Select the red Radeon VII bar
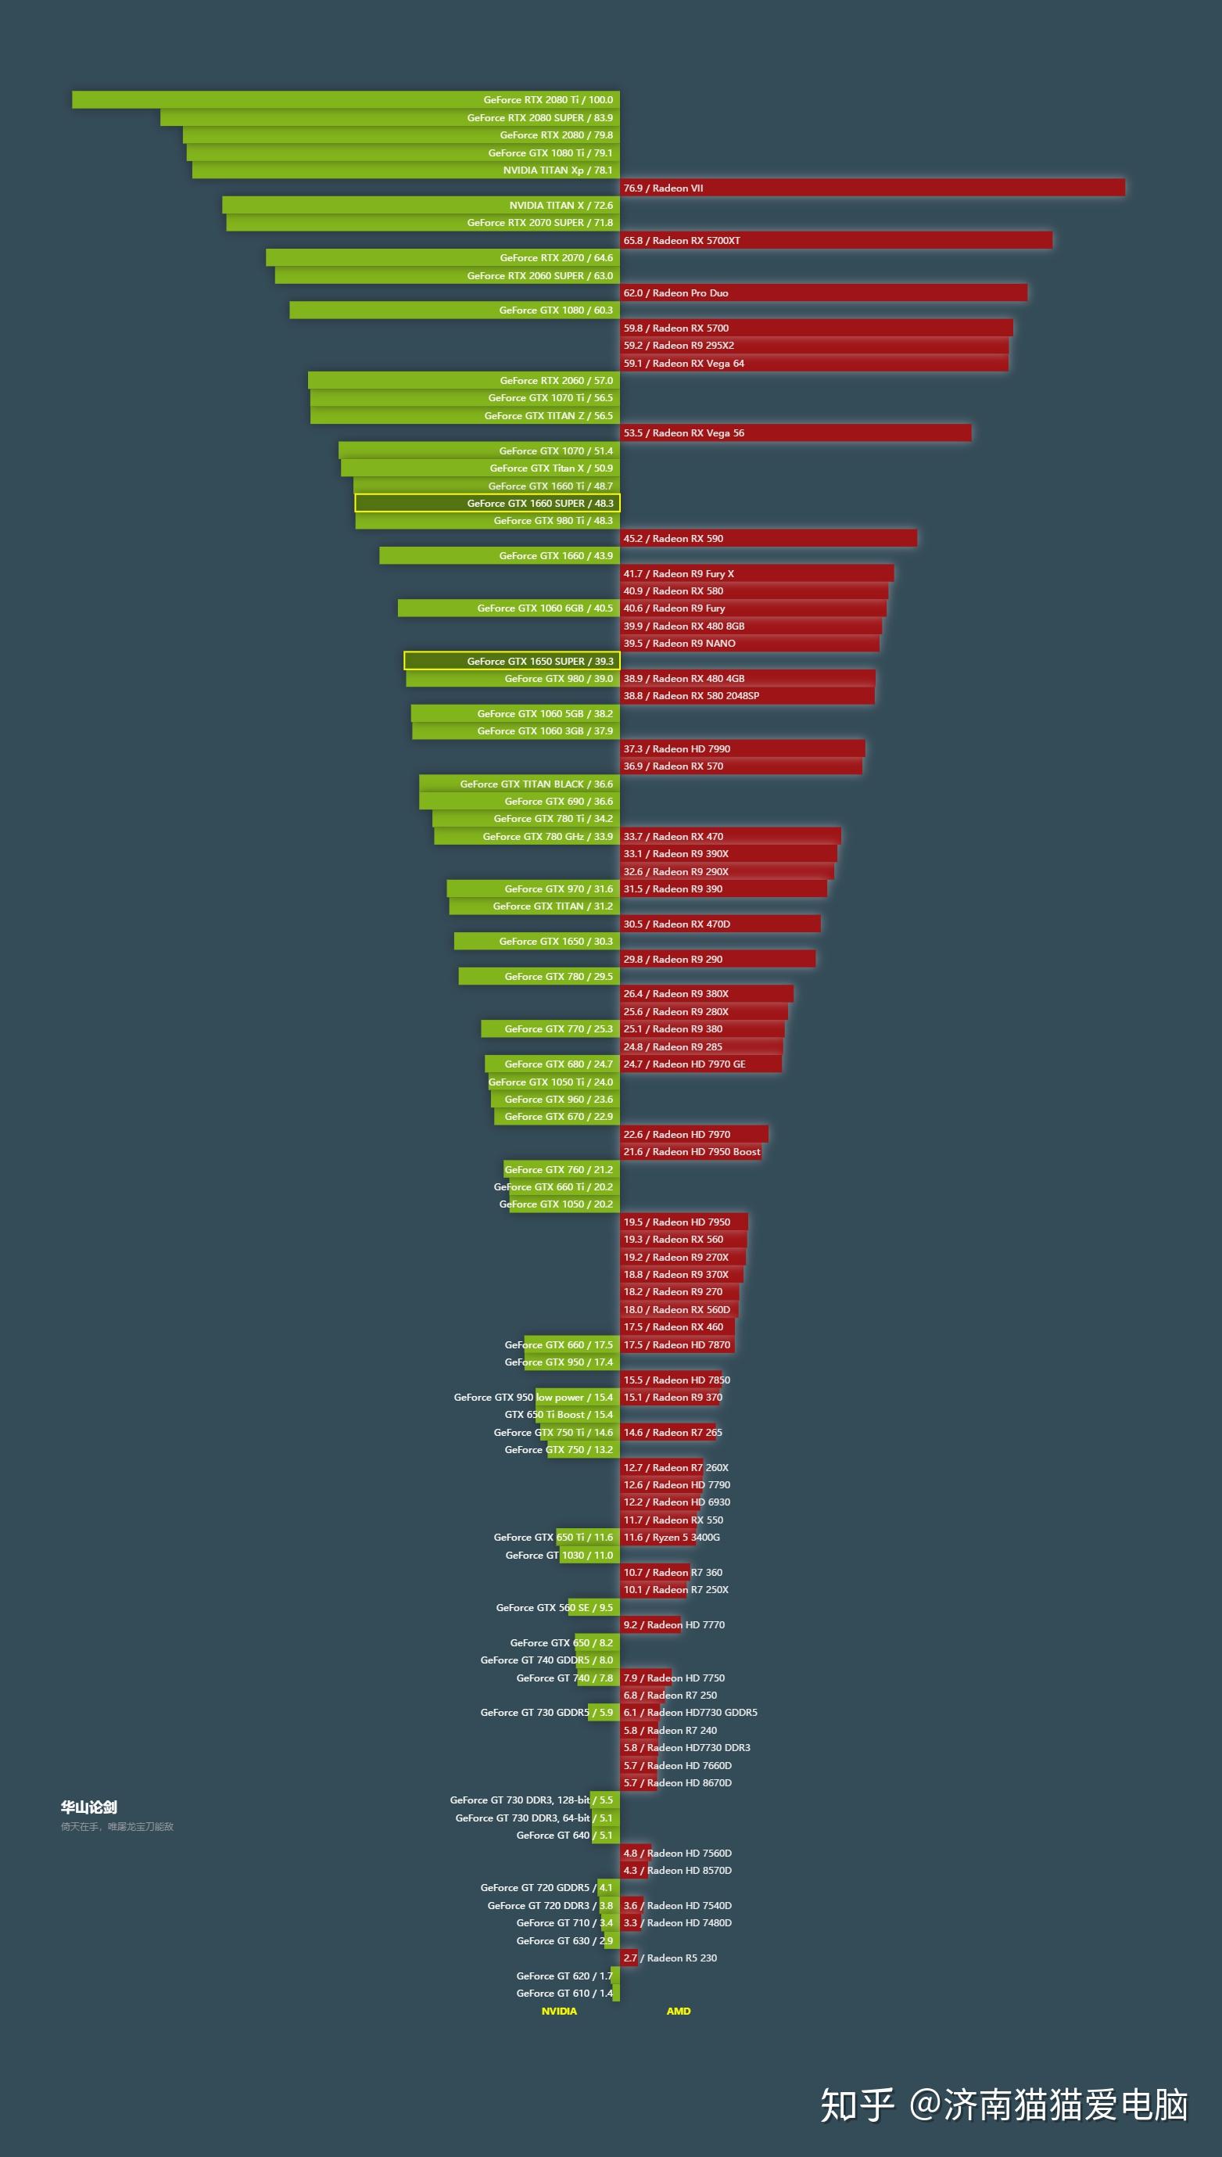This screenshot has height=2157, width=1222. coord(872,188)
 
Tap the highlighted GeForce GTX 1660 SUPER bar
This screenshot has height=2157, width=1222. coord(487,504)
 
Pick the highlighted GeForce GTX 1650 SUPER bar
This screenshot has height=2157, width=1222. coord(511,662)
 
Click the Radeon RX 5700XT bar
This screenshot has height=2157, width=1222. coord(836,241)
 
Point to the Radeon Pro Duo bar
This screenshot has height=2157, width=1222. coord(823,293)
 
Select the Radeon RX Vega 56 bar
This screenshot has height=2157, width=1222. coord(796,433)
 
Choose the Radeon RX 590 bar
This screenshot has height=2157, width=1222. coord(768,539)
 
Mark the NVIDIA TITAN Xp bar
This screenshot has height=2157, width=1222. coord(405,170)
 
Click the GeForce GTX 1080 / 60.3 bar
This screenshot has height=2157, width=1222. coord(454,310)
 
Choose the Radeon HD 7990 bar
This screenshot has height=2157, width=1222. coord(742,749)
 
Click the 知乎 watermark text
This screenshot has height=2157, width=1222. coord(857,2105)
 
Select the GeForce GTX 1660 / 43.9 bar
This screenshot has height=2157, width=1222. coord(500,555)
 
